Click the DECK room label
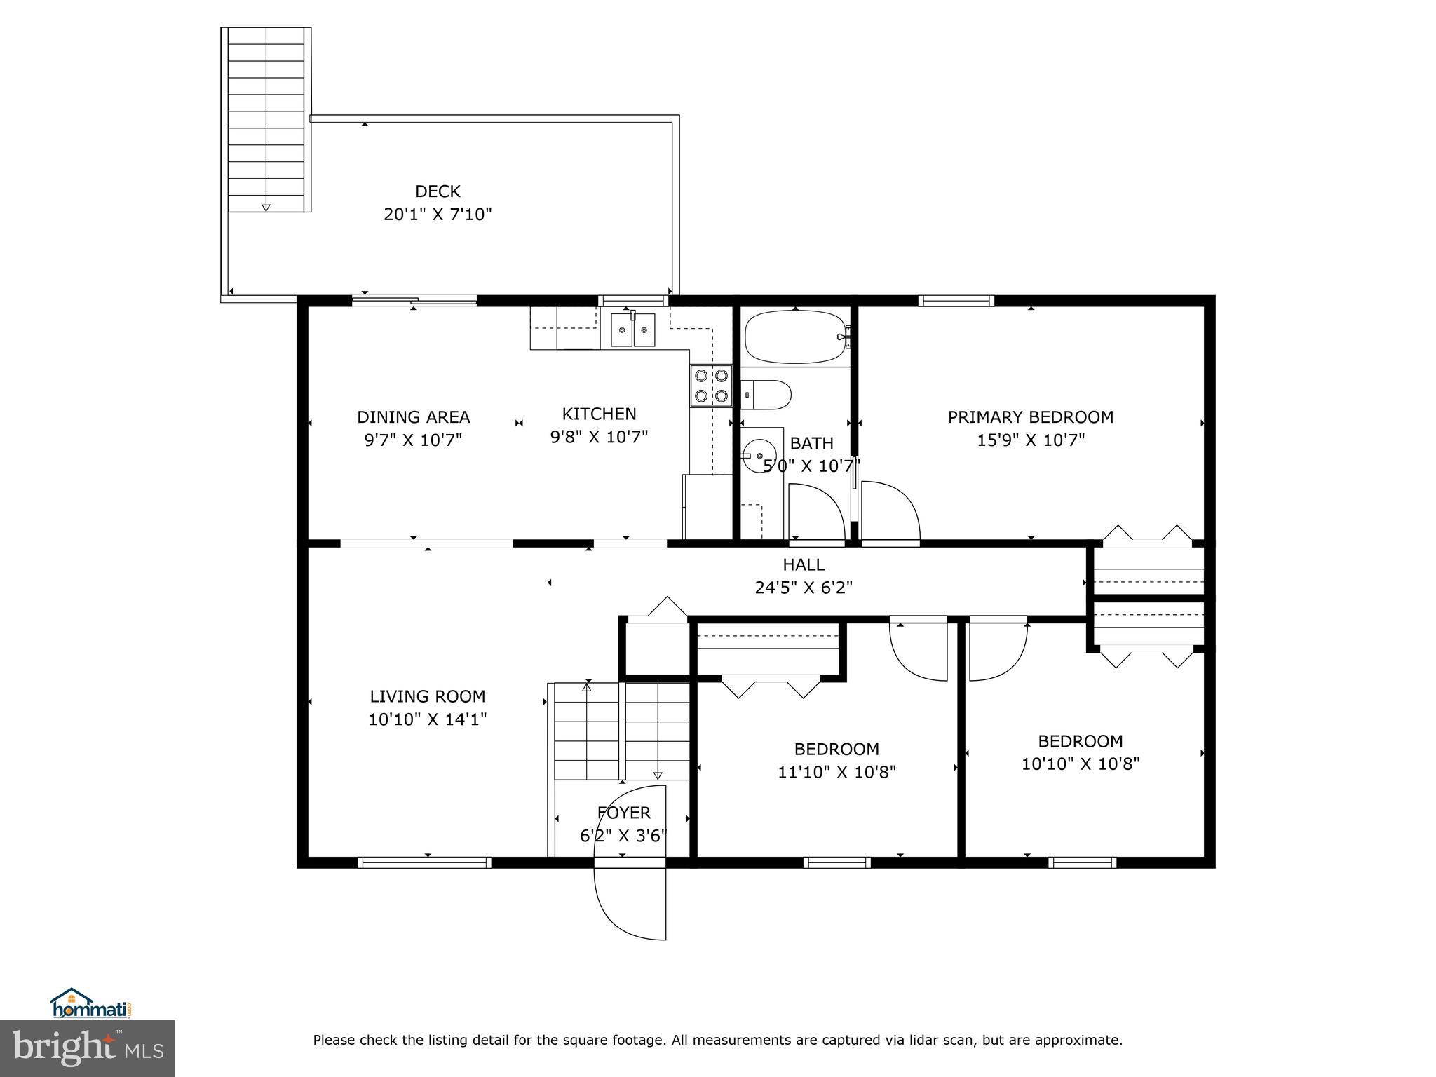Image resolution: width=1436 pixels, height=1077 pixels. (x=438, y=191)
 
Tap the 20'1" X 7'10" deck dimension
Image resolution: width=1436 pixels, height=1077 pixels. (x=438, y=215)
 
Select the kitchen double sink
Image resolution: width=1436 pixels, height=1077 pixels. (x=632, y=330)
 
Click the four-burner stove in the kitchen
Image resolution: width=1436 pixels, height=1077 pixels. (x=711, y=386)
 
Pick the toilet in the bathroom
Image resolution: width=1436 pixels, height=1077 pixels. (x=768, y=394)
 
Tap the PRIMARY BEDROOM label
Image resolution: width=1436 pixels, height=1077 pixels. (x=1030, y=417)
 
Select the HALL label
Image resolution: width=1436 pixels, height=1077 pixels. (x=804, y=564)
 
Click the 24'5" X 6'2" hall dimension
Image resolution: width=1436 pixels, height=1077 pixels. (x=804, y=588)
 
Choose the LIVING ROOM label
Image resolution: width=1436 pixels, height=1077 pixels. (x=428, y=696)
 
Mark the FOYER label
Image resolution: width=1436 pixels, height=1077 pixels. (x=623, y=813)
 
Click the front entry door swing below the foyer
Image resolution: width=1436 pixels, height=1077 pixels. (x=628, y=905)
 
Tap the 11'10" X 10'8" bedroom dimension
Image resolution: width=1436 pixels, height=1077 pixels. (x=836, y=772)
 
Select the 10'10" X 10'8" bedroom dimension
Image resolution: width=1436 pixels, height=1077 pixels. (x=1081, y=764)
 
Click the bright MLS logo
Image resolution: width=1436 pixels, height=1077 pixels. (x=88, y=1048)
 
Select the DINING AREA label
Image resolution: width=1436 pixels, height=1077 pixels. (x=413, y=417)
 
